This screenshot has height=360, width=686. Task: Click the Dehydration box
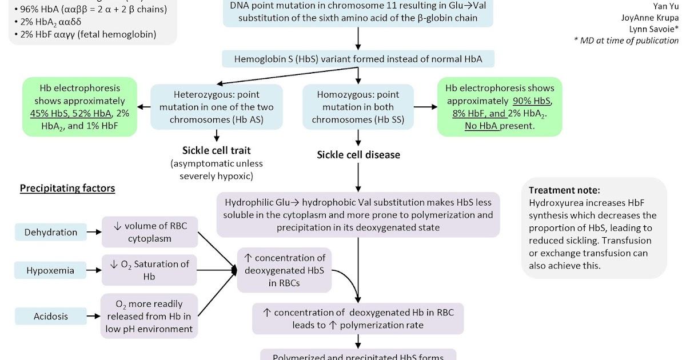coord(51,232)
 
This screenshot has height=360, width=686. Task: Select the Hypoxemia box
coord(51,270)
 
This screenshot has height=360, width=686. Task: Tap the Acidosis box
coord(51,316)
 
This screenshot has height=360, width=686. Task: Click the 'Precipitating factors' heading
coord(67,188)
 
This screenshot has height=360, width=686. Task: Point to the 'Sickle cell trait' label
coord(217,151)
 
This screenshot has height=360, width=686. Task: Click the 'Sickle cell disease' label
coord(358,155)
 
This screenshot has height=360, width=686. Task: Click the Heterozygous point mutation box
coord(217,107)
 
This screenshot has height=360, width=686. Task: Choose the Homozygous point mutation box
coord(358,107)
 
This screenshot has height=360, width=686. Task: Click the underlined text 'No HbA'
coord(482,126)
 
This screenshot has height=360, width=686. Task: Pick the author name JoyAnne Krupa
coord(650,17)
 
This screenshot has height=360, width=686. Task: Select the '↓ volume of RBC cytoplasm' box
coord(150,232)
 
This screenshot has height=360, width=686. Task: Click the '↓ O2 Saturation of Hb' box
coord(150,270)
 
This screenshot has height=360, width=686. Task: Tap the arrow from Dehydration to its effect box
coord(94,232)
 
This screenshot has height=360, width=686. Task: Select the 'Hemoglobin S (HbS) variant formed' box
coord(358,59)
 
